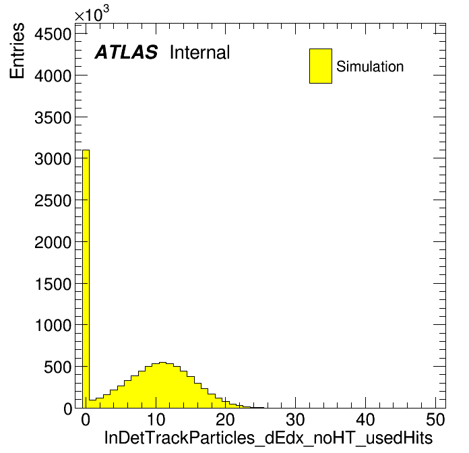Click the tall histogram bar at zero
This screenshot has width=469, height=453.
pos(86,278)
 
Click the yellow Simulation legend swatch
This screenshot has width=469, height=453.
pos(321,66)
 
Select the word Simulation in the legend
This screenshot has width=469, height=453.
pos(370,66)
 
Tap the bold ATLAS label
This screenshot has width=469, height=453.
pos(126,52)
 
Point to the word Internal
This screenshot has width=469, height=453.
pos(200,53)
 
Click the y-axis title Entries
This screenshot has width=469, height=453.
pos(17,51)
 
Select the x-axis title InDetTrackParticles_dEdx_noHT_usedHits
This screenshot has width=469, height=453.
pos(268,437)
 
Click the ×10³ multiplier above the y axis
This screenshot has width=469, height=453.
pos(92,14)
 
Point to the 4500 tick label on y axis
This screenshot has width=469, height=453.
pos(53,34)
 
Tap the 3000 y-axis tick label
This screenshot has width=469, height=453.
pos(53,158)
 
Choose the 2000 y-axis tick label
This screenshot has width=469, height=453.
pos(53,242)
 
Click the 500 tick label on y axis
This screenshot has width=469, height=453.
pos(58,367)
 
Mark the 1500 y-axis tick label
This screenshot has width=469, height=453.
pos(53,283)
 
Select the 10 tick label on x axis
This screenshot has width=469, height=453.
pos(156,420)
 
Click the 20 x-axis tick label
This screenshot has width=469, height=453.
pos(226,420)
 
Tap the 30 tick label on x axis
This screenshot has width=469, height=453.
pos(296,420)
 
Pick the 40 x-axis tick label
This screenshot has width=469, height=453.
pos(365,420)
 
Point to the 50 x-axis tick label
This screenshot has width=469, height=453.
pos(435,420)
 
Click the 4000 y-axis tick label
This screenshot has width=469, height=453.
pos(53,75)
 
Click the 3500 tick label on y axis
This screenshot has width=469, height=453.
pos(53,117)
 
